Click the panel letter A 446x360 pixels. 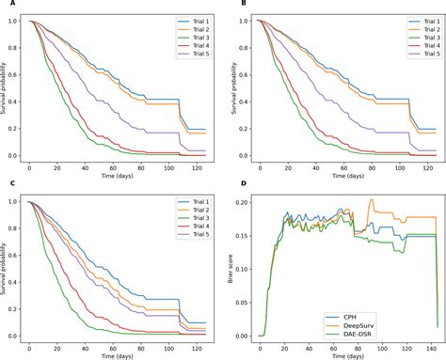pyautogui.click(x=8, y=5)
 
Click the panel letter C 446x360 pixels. pyautogui.click(x=8, y=188)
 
